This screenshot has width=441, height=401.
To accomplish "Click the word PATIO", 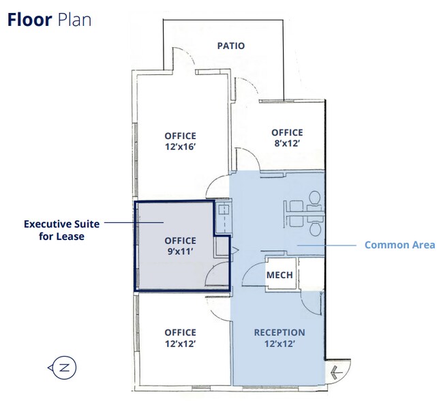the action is click(x=231, y=46).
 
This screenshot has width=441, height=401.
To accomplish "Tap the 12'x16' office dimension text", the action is click(x=180, y=147).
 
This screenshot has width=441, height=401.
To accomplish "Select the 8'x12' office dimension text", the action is click(x=287, y=143).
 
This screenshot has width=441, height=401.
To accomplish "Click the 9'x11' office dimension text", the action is click(x=180, y=251).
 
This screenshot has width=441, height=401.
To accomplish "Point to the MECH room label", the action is click(x=279, y=275).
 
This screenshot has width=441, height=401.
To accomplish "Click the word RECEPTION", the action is click(x=279, y=333).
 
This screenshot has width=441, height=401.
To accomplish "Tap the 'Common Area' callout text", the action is click(x=399, y=245).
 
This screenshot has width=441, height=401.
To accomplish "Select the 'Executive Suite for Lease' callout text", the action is click(x=61, y=231).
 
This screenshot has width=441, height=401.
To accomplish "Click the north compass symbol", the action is click(x=63, y=368).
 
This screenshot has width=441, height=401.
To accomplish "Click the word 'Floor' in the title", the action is click(x=29, y=20).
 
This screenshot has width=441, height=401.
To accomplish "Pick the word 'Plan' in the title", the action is click(x=74, y=20).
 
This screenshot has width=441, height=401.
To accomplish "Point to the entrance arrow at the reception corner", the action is click(x=337, y=372).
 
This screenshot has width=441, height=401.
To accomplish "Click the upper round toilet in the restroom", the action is click(x=315, y=198).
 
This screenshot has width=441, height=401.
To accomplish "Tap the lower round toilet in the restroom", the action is click(x=316, y=229).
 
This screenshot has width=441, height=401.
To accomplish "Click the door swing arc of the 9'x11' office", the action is click(x=214, y=270).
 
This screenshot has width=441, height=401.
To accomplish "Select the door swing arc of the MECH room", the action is click(x=249, y=270).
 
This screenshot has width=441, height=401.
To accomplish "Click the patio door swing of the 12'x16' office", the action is click(x=187, y=52).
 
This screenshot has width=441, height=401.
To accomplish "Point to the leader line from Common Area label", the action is click(x=326, y=246).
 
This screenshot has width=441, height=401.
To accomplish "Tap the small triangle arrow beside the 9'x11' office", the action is click(x=235, y=250).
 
